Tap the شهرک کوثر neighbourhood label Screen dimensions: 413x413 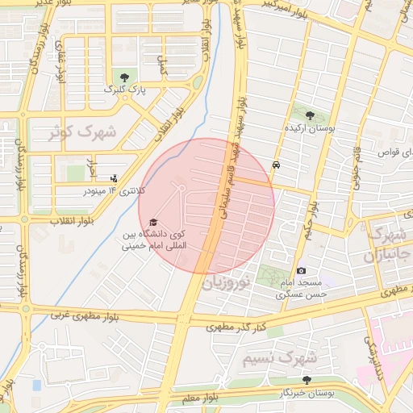point(81,133)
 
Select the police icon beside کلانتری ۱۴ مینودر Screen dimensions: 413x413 point(113,177)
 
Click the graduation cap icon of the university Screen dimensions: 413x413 point(153,223)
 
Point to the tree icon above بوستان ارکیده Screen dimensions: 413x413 point(310,115)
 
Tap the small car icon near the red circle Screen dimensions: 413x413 point(277,164)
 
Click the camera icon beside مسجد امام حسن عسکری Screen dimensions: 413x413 point(301,271)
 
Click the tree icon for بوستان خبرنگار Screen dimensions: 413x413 point(306,379)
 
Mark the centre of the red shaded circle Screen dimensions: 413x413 point(206,206)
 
